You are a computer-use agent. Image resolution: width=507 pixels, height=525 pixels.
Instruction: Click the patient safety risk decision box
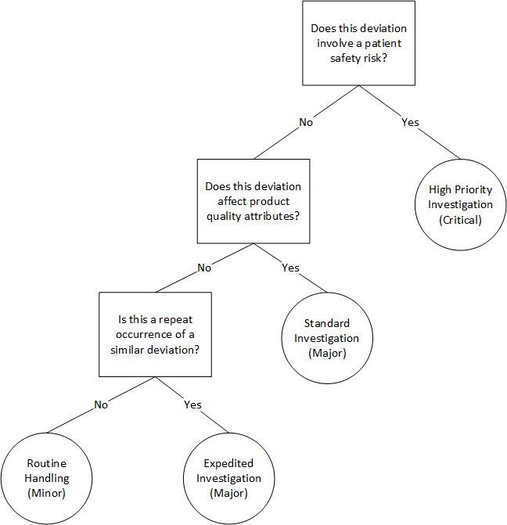tap(358, 43)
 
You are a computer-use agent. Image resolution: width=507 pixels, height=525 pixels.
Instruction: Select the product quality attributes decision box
tap(253, 201)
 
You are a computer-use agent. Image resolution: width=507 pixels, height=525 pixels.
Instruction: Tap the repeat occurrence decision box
tap(155, 334)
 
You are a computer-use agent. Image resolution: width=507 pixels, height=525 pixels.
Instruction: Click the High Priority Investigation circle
tap(461, 204)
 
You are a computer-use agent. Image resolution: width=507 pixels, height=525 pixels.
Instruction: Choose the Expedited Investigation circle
tap(228, 478)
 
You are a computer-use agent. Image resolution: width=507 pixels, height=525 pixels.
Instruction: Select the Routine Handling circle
tap(48, 478)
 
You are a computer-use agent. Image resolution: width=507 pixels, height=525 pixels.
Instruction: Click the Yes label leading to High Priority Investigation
tap(410, 122)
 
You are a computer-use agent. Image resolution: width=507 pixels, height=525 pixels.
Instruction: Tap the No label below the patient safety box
tap(307, 122)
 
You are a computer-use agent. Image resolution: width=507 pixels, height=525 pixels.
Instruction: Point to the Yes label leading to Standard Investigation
tap(289, 268)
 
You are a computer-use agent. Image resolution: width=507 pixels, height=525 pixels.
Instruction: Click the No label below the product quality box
tap(204, 268)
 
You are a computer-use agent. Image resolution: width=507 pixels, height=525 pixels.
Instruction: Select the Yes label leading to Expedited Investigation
tap(192, 405)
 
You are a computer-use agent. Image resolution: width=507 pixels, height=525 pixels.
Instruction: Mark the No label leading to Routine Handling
tap(101, 405)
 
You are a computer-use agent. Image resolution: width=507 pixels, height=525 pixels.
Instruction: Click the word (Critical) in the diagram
tap(461, 220)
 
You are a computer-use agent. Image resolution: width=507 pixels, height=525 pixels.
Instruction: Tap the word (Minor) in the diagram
tap(48, 493)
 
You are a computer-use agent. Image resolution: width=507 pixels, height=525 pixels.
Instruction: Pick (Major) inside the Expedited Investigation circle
tap(228, 493)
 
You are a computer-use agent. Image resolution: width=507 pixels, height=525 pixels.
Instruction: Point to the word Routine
tap(48, 463)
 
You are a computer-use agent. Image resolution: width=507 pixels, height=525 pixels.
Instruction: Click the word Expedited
tap(228, 463)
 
